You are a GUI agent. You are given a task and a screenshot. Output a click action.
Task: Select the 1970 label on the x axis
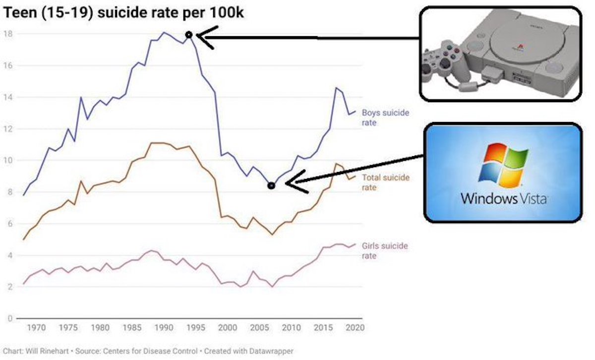coord(37,328)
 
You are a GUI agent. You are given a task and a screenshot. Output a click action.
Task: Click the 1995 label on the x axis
coord(196,328)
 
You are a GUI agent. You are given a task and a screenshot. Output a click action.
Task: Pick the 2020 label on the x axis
coord(355,328)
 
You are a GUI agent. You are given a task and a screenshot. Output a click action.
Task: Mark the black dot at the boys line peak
coord(189,35)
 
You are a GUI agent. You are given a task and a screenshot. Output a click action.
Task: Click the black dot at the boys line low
coord(271,185)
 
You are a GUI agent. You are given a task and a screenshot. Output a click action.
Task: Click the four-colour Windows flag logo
coord(503,166)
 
